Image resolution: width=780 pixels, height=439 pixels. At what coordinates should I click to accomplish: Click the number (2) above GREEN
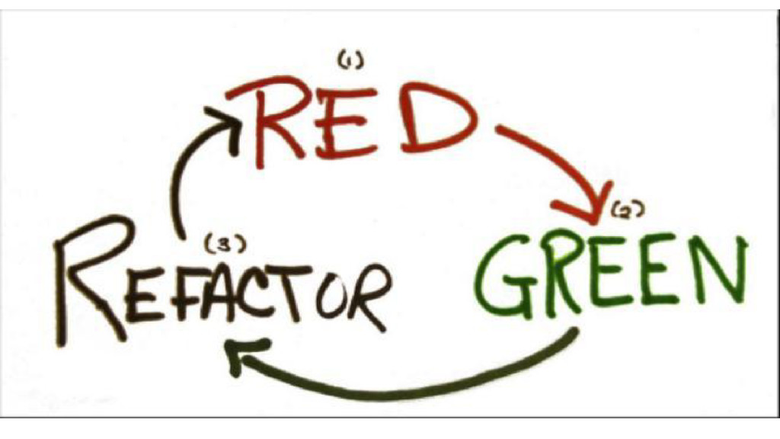point(624,213)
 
